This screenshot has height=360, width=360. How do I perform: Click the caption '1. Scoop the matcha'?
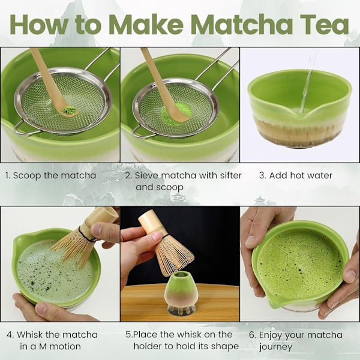50,175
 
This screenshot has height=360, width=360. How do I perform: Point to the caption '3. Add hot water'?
296,175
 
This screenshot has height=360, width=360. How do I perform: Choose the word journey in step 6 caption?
276,347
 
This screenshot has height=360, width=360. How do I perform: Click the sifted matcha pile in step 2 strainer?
175,113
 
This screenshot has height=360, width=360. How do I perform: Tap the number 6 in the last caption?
252,335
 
